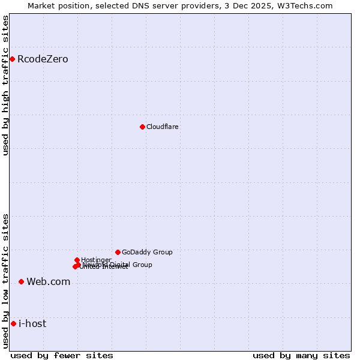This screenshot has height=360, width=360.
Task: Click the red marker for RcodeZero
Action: pyautogui.click(x=12, y=59)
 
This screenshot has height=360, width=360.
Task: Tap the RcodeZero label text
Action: pyautogui.click(x=43, y=59)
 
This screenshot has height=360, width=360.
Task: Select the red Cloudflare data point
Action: pyautogui.click(x=142, y=127)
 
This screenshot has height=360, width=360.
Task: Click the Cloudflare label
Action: pyautogui.click(x=163, y=127)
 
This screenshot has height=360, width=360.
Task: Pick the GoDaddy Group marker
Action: pyautogui.click(x=118, y=252)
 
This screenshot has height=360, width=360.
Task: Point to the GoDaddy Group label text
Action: pyautogui.click(x=147, y=252)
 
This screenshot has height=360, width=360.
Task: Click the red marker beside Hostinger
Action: pyautogui.click(x=77, y=260)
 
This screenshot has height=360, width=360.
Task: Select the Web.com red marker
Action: pyautogui.click(x=21, y=281)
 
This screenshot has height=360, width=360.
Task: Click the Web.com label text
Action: pyautogui.click(x=48, y=281)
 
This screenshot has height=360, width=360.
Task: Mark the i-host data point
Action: pyautogui.click(x=13, y=323)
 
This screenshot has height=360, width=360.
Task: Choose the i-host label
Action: pyautogui.click(x=32, y=323)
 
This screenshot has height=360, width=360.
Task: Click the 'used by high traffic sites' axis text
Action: pyautogui.click(x=6, y=85)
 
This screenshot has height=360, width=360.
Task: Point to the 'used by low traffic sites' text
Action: pyautogui.click(x=6, y=281)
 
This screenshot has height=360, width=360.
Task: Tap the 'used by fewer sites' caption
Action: pyautogui.click(x=62, y=355)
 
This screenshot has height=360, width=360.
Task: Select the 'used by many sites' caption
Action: pyautogui.click(x=301, y=355)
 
